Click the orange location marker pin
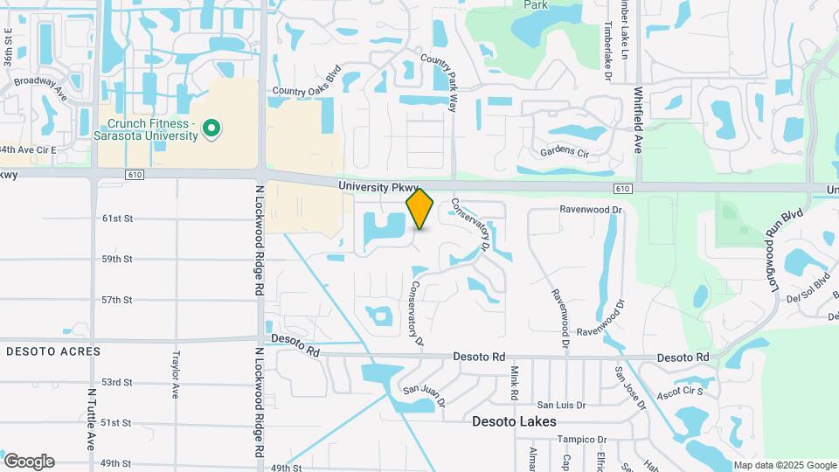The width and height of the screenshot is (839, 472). click(420, 209)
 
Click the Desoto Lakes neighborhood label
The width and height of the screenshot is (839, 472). click(514, 421)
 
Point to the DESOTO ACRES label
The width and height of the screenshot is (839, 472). click(53, 351)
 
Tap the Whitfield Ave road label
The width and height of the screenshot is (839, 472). click(639, 121)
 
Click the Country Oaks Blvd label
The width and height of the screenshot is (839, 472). click(305, 90)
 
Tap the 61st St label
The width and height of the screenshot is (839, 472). click(116, 219)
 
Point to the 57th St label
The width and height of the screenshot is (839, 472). click(116, 300)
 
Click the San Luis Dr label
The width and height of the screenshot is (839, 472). click(560, 405)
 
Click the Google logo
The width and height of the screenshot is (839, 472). click(29, 462)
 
